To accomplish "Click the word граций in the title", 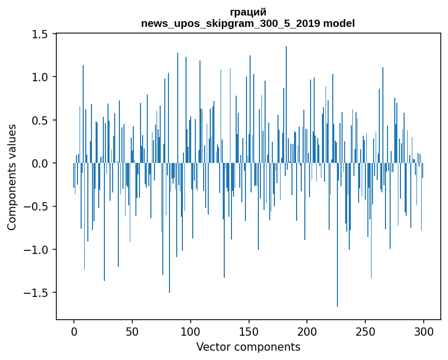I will tap(248, 12).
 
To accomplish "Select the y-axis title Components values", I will tap(12, 177).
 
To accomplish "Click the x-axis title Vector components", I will tap(248, 347).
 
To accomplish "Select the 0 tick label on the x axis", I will tap(74, 331).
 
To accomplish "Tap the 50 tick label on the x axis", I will tap(132, 331).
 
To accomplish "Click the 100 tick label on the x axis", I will tap(191, 331).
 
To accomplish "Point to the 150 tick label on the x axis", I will tap(249, 331).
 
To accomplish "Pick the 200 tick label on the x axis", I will tap(307, 331).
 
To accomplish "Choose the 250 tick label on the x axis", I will tap(366, 331).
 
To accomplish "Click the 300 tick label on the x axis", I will tap(424, 331).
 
